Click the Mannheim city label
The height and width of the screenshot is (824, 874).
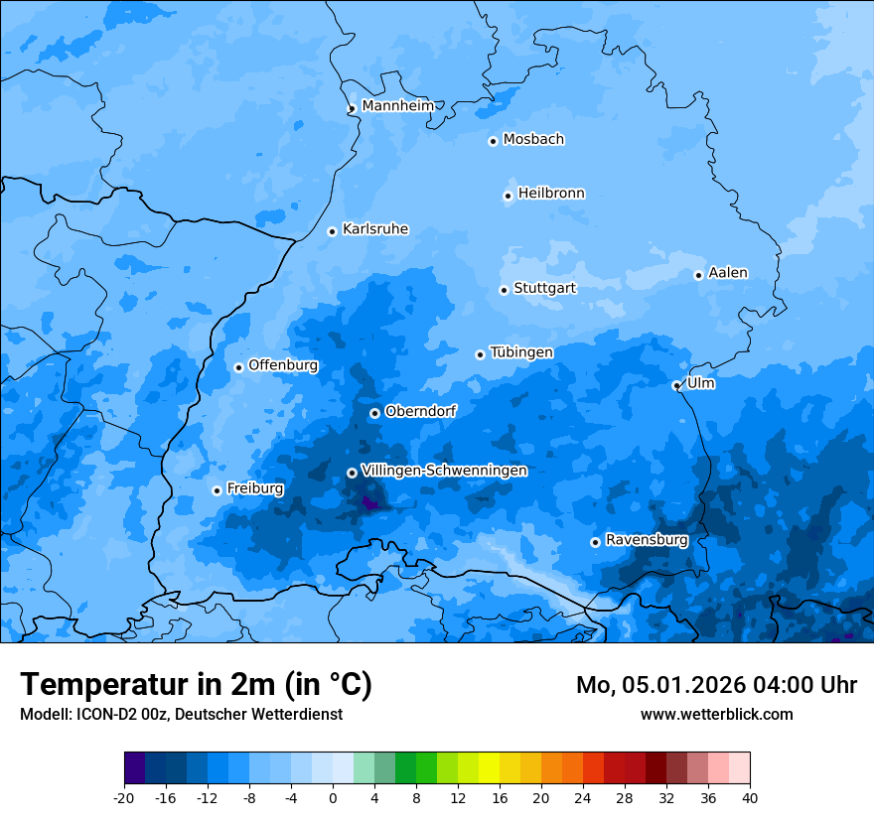point(398,106)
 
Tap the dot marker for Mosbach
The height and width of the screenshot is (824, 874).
point(493,141)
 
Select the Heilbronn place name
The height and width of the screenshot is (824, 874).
point(551,194)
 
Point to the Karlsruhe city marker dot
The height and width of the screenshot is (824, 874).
point(333,231)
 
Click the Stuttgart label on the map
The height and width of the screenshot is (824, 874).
point(544,289)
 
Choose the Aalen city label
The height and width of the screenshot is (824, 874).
point(728,273)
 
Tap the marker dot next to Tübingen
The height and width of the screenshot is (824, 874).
point(480,354)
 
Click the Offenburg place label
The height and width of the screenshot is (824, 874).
point(283,365)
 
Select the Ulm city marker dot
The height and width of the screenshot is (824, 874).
point(676,385)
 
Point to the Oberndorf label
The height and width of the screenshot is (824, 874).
point(420,411)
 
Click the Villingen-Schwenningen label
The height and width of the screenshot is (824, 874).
point(444,471)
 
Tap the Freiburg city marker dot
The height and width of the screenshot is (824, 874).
point(217,490)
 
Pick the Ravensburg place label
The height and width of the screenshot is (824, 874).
point(647,540)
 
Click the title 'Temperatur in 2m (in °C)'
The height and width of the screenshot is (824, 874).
point(196,685)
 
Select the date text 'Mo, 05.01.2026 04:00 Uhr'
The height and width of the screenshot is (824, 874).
point(716,685)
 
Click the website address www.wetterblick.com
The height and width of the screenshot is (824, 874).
point(716,715)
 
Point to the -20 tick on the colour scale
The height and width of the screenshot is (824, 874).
point(124,798)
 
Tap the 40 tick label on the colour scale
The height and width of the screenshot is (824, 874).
point(750,798)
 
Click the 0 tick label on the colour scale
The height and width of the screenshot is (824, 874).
point(333,798)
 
